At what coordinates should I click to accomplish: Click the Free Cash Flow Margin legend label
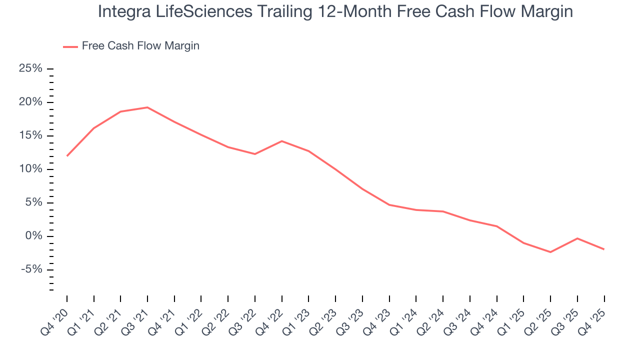[140, 46]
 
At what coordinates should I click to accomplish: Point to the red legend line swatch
[70, 46]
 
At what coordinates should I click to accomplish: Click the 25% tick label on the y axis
[30, 68]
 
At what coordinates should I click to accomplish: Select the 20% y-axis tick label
[30, 102]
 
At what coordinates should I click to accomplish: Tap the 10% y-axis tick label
[30, 169]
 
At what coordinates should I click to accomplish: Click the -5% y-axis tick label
[31, 269]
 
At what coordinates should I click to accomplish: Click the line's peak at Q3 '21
[147, 107]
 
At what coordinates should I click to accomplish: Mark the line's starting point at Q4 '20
[67, 155]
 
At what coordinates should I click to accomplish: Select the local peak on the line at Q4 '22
[282, 141]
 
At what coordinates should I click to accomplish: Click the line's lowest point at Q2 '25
[550, 252]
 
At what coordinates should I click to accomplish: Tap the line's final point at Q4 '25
[604, 249]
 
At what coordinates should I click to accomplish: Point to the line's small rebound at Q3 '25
[577, 238]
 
